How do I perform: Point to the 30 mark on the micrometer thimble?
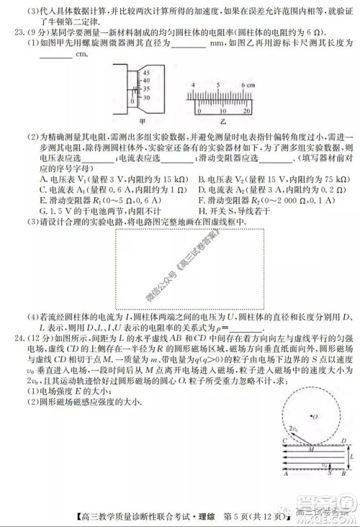point(147,96)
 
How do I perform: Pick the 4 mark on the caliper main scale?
point(194,84)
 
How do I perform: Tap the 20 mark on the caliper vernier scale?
point(247,112)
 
